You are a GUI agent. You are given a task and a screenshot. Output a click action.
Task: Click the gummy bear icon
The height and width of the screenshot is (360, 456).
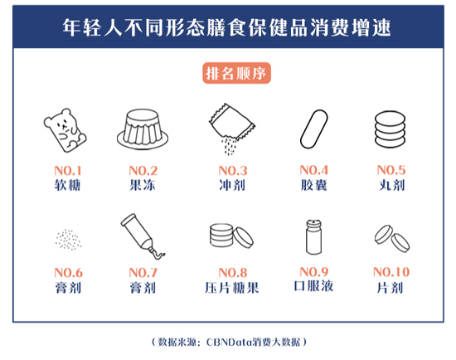pos(65,130)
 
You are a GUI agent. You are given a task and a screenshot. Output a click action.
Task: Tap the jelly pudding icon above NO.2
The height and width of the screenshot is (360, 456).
pos(143,129)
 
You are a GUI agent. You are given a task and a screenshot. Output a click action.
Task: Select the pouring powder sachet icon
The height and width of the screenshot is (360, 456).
pos(232,129)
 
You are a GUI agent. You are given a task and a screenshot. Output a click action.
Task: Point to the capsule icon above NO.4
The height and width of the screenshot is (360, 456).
pos(313,129)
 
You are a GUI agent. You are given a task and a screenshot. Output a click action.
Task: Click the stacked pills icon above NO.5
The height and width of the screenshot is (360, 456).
pos(390,129)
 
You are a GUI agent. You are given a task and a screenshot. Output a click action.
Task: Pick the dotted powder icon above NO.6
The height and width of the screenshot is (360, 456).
pos(68,240)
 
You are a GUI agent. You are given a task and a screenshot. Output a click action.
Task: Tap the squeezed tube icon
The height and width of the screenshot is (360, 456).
pos(143,236)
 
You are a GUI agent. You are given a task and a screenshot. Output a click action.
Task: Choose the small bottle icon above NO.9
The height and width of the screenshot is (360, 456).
pos(313,237)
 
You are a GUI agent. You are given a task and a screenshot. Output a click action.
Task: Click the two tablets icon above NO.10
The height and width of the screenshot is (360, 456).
pos(392,239)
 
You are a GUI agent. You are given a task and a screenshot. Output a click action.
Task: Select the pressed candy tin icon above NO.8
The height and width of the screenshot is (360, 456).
pos(231,236)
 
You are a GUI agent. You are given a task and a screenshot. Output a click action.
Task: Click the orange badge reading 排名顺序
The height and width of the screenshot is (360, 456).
pos(237,73)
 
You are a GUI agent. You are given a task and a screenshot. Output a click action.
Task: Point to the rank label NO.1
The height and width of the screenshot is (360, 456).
pos(68,170)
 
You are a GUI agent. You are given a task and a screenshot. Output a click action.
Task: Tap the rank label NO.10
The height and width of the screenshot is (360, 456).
pos(391,272)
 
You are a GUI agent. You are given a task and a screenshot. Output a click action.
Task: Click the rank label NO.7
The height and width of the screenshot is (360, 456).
pos(143,273)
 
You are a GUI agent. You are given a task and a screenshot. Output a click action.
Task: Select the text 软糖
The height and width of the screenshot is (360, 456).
pos(67,185)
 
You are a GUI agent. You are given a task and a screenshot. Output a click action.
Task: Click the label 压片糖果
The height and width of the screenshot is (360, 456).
pos(232,288)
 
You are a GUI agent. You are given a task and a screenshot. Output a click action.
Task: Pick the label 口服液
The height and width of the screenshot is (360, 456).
pos(313,286)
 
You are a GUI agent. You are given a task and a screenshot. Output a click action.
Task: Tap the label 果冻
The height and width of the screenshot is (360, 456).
pos(143,185)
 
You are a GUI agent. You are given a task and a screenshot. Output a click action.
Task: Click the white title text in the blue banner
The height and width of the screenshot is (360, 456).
pos(226,27)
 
